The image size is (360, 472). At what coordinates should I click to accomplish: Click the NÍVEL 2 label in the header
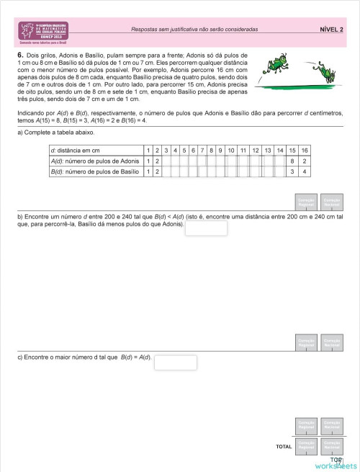point(331,30)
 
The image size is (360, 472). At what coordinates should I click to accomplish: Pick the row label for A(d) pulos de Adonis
point(94,161)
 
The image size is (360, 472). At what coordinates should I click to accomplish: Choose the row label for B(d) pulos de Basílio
point(94,172)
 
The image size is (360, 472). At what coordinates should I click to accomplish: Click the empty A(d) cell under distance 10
point(230,161)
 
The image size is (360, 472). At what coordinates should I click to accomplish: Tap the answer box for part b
point(206,228)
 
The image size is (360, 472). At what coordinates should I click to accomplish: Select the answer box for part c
point(175,362)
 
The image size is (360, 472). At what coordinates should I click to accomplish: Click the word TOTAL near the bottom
point(284,447)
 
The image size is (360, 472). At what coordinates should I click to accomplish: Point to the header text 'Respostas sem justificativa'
point(194,30)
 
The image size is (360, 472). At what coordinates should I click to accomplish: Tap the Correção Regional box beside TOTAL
point(306,446)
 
